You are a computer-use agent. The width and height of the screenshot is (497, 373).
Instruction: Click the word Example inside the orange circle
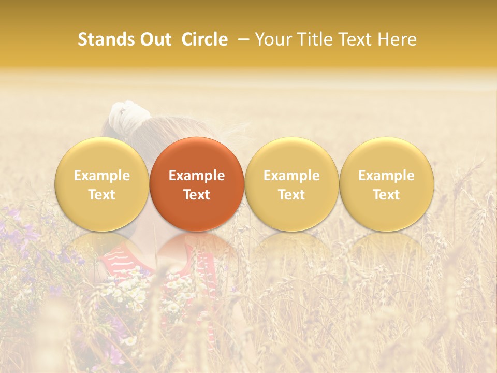coord(197,176)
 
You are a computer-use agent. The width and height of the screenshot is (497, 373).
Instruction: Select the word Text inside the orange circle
coord(197,195)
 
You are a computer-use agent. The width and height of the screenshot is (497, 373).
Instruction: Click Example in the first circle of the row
coord(102,176)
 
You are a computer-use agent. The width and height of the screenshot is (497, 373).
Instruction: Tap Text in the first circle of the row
coord(102,195)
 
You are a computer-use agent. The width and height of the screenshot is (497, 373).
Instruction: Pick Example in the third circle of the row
coord(291,176)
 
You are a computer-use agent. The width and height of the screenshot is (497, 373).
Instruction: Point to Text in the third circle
coord(291,195)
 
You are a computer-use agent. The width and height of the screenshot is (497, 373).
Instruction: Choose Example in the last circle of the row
coord(386,176)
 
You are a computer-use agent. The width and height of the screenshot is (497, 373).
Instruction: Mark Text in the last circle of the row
coord(386,195)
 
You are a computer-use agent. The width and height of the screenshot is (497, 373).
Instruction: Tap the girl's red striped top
coord(124,259)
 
